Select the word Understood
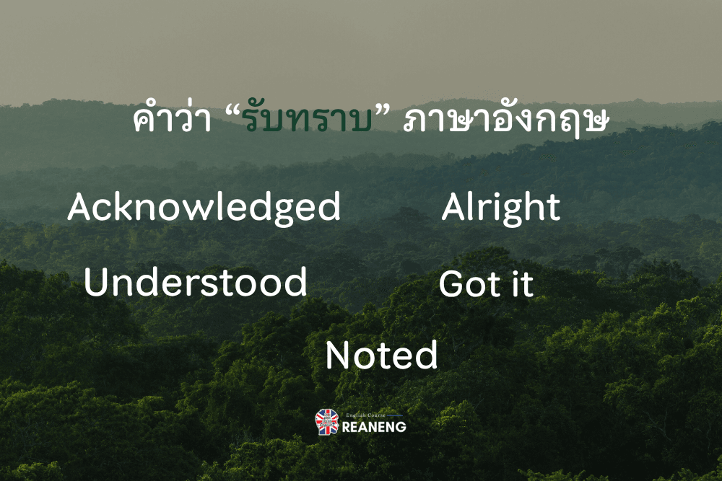coord(195,281)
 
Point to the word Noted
coord(382,355)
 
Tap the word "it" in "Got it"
coord(523,283)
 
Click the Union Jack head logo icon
coord(327,422)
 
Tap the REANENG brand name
coord(374,427)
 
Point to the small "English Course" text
coord(365,415)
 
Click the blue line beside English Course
coord(395,415)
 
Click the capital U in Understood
coord(97,282)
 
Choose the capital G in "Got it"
coord(453,283)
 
